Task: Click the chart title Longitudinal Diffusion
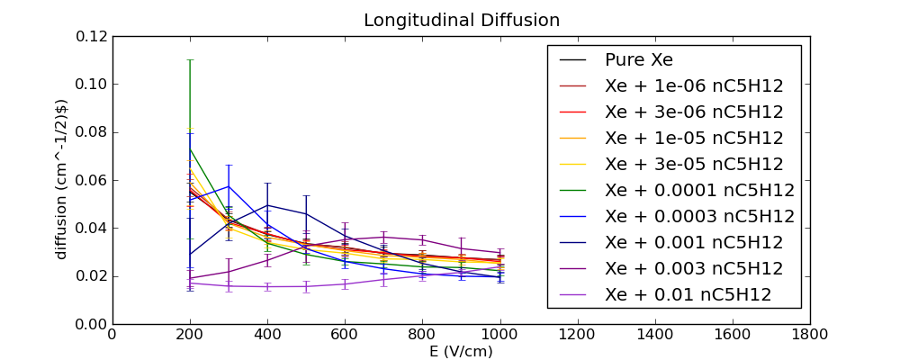coord(462,21)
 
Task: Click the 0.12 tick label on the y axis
coord(91,36)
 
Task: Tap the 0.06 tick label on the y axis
coord(91,180)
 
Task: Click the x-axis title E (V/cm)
coord(461,351)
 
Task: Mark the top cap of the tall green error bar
coord(189,59)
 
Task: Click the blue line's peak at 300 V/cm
coord(229,186)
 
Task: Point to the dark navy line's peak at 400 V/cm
coord(267,205)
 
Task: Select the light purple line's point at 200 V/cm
coord(189,283)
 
